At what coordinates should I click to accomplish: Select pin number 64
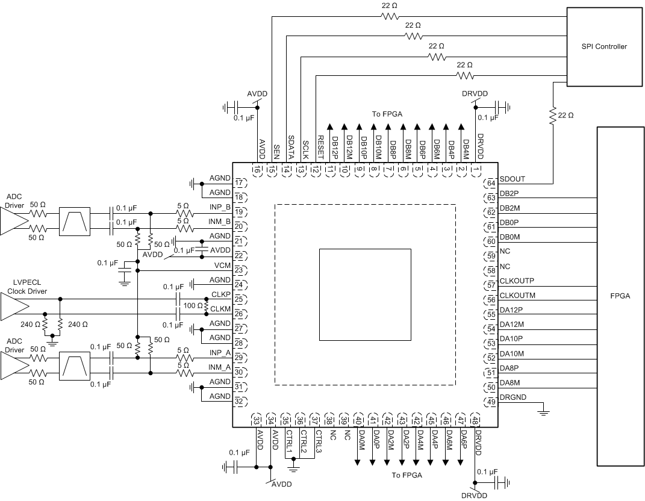coord(491,183)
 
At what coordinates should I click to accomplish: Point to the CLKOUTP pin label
coord(517,281)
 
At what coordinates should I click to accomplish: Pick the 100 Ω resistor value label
coord(193,306)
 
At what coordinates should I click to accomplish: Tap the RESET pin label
coord(316,147)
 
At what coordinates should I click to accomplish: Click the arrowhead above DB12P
coord(330,126)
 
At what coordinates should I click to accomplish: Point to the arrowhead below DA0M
coord(358,462)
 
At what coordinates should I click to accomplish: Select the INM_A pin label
coord(219,367)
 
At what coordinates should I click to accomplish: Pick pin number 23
coord(239,270)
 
